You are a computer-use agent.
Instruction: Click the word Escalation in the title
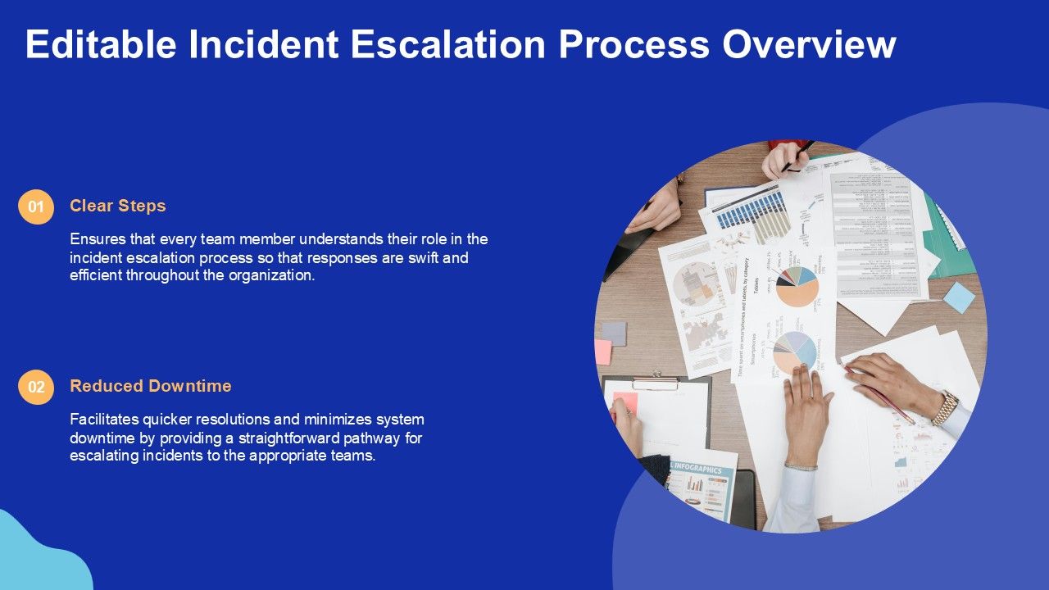pos(447,44)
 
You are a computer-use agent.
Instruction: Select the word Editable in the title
pos(101,44)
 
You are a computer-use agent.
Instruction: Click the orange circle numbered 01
pos(36,207)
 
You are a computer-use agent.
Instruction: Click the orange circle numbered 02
pos(36,388)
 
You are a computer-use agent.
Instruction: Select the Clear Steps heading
pos(117,206)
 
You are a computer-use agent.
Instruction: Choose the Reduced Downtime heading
pos(150,386)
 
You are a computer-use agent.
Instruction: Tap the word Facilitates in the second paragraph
pos(104,420)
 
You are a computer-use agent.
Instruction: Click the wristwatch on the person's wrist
pos(946,406)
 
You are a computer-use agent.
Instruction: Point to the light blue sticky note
pos(959,297)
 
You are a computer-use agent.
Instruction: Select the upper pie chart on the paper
pos(797,287)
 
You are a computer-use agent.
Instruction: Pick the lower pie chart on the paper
pos(794,353)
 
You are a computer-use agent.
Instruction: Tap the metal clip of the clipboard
pos(655,381)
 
